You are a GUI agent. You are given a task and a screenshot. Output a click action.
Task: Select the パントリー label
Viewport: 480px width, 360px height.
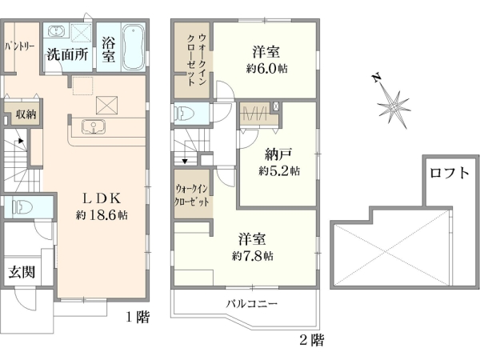tap(20, 46)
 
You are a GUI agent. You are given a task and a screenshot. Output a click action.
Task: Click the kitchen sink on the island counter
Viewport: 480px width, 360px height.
tap(92, 126)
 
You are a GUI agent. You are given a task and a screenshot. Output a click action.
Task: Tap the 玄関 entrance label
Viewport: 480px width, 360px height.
tap(22, 272)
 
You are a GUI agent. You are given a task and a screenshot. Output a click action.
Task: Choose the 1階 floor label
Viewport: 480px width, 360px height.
tap(138, 317)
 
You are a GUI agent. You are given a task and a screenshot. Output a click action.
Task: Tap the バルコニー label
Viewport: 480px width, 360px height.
tap(250, 304)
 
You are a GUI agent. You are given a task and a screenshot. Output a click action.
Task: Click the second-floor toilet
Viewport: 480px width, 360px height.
tap(183, 114)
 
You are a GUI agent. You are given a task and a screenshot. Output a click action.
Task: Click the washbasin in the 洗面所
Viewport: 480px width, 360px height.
tap(57, 31)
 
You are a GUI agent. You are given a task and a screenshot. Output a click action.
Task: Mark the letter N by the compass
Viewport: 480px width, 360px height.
tap(375, 78)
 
